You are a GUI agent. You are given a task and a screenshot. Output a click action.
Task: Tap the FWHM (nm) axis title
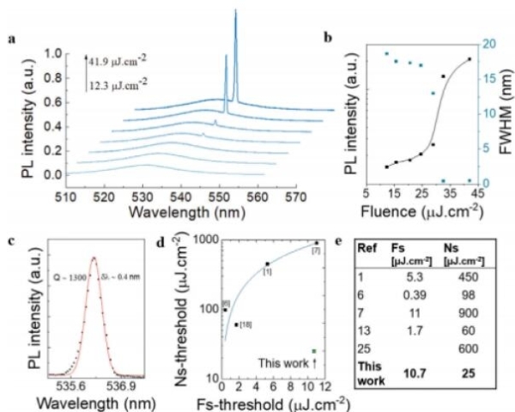click(x=505, y=112)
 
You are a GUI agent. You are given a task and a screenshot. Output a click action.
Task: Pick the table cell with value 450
click(x=465, y=279)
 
